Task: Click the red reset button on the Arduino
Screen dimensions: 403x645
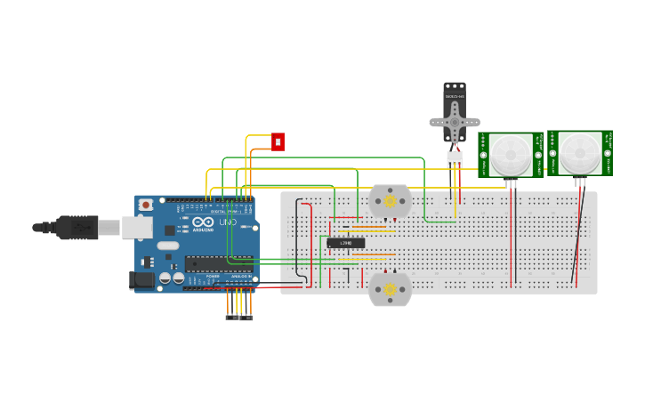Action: click(x=146, y=205)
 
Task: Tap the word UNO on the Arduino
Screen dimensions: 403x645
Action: click(x=230, y=222)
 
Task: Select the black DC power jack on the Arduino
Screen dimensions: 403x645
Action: click(x=141, y=280)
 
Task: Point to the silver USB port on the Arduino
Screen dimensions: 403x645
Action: click(x=136, y=228)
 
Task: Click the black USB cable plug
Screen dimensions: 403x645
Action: click(x=77, y=228)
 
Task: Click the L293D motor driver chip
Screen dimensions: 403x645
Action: click(x=345, y=243)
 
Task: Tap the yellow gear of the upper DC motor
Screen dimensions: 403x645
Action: click(x=390, y=201)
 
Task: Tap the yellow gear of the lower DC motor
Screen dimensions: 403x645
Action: click(x=390, y=289)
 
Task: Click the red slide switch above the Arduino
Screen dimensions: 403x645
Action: click(x=278, y=141)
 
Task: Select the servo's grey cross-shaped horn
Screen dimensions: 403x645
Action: click(x=455, y=121)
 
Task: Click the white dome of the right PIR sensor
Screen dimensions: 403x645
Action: click(x=580, y=153)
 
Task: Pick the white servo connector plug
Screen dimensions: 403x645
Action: click(x=455, y=159)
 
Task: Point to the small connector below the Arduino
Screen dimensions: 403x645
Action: click(x=238, y=317)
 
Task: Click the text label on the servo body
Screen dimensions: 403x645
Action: click(x=454, y=95)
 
